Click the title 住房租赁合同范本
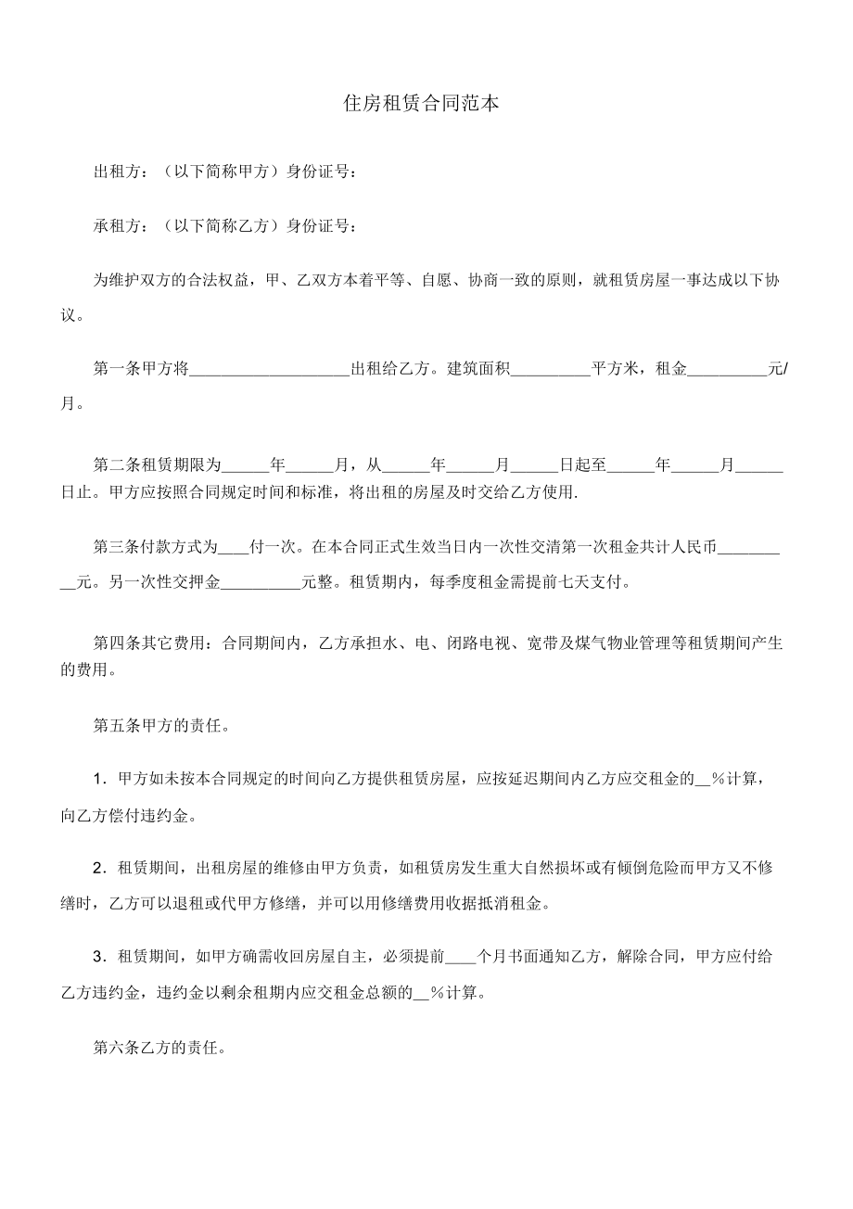422,104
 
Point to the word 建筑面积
478,369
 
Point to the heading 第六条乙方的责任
162,1049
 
